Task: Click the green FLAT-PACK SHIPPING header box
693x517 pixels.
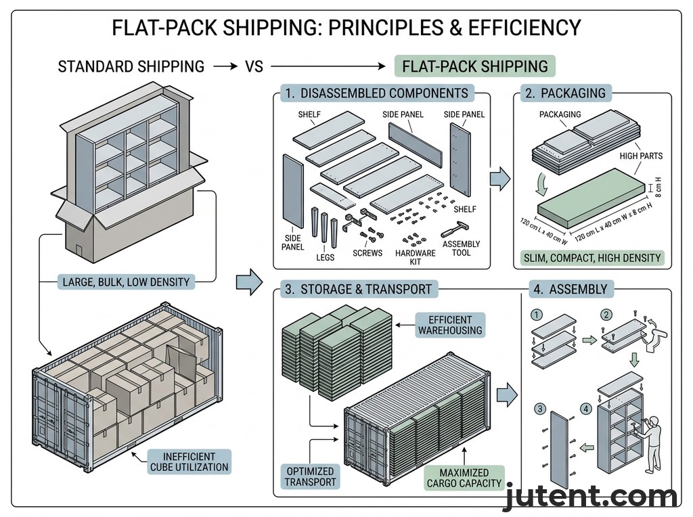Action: point(474,66)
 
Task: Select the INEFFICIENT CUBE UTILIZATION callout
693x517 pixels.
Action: point(189,462)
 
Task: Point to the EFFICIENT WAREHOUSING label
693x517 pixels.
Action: point(450,325)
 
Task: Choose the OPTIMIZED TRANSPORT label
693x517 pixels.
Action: point(309,477)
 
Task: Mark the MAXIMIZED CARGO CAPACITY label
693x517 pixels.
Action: point(464,478)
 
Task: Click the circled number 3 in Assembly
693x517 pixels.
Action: point(539,408)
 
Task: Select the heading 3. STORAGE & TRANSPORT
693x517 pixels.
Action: point(357,289)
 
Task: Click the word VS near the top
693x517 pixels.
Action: point(254,66)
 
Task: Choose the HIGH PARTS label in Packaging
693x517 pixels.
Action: point(641,156)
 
